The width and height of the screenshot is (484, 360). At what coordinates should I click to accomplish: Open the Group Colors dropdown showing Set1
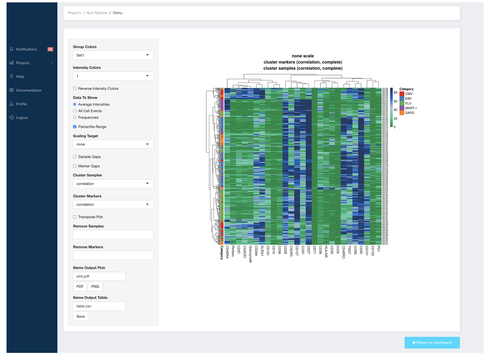click(x=113, y=55)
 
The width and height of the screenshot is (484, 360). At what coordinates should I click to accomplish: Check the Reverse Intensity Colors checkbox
click(x=75, y=89)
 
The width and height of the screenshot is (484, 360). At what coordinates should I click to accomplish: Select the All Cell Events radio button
click(x=75, y=111)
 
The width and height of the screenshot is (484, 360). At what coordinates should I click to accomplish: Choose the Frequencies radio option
click(x=75, y=118)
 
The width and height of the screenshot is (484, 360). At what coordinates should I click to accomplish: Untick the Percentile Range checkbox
click(x=75, y=127)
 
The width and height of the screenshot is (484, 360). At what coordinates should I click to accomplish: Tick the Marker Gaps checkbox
click(x=75, y=166)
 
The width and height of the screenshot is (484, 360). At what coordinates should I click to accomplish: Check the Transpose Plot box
click(x=75, y=217)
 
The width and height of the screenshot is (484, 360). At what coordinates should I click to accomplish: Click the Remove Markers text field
click(x=113, y=255)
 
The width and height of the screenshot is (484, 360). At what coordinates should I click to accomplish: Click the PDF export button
click(x=80, y=287)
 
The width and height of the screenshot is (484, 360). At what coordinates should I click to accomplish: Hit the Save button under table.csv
click(x=81, y=316)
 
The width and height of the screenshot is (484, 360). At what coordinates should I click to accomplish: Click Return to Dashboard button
click(x=432, y=342)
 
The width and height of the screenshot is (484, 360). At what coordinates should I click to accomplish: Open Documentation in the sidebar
click(x=29, y=90)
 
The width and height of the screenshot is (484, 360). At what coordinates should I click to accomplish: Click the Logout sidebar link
click(x=22, y=118)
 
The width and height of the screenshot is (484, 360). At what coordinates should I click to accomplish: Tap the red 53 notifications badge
click(x=50, y=49)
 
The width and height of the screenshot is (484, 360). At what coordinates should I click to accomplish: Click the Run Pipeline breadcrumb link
click(x=97, y=13)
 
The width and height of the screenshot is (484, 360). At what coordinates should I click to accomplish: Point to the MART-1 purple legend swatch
click(x=402, y=108)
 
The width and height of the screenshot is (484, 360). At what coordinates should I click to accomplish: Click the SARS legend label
click(x=409, y=113)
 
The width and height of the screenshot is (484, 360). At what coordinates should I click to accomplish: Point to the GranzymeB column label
click(x=250, y=254)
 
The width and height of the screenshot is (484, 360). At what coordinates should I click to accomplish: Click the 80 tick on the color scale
click(x=395, y=93)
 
